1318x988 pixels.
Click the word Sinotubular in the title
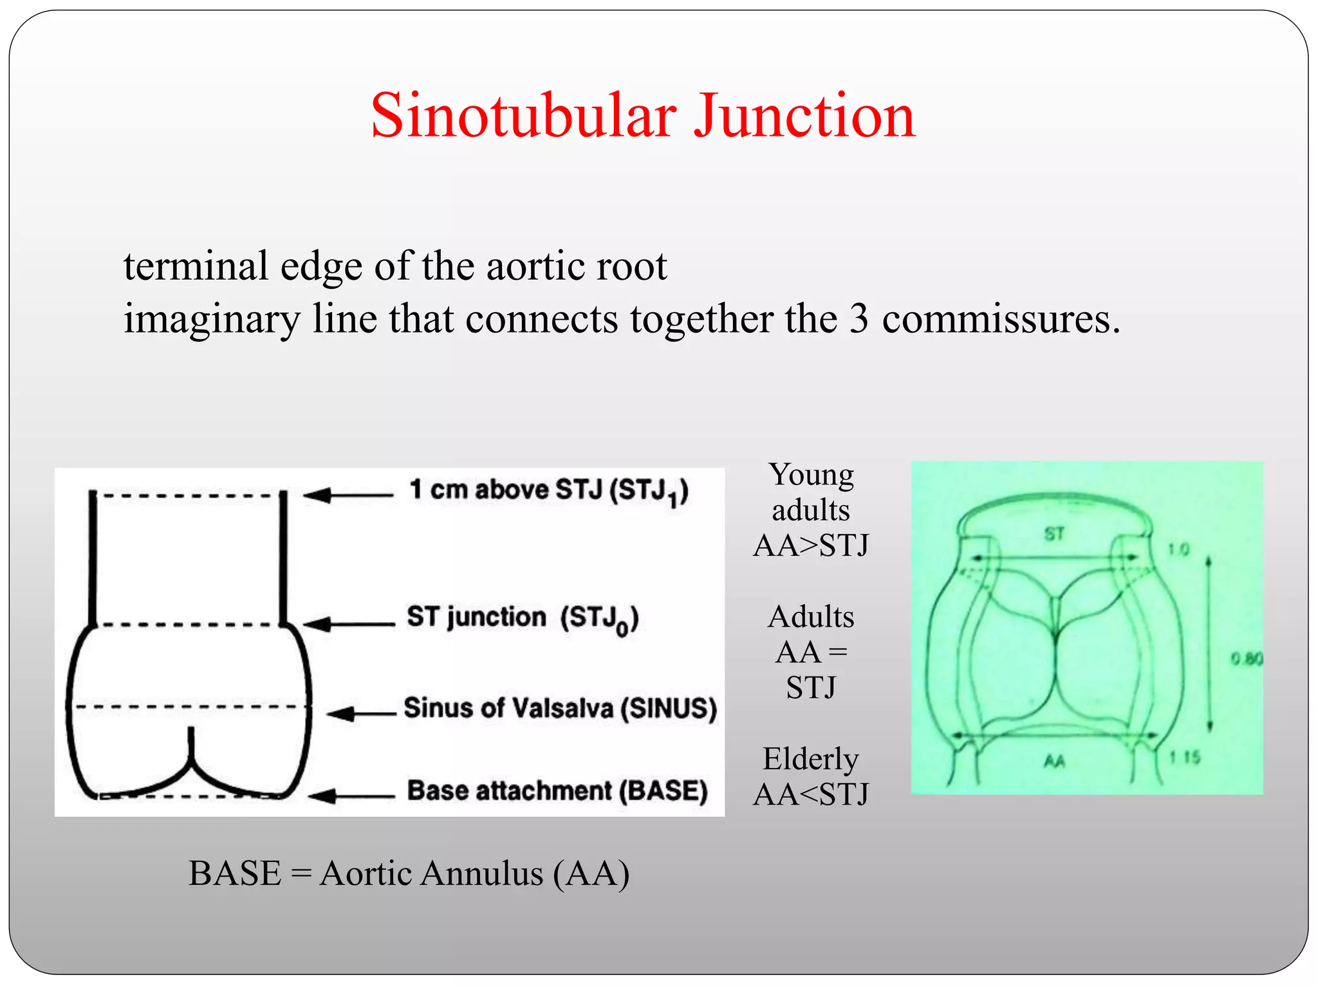[x=523, y=116]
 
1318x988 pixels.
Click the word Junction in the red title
[x=804, y=116]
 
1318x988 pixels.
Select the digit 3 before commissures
[x=859, y=320]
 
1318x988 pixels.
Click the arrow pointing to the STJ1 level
[x=348, y=495]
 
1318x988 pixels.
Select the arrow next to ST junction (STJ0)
[x=348, y=623]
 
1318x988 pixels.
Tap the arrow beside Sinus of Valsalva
[x=360, y=713]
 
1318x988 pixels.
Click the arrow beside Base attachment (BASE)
[x=351, y=796]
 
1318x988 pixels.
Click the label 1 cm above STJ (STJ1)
[x=548, y=491]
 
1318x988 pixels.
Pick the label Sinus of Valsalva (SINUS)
[x=560, y=708]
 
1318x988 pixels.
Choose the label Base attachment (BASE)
[x=557, y=791]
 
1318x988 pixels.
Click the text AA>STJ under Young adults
[x=810, y=546]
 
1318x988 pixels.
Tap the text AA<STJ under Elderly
[x=810, y=795]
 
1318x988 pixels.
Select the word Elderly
[x=810, y=759]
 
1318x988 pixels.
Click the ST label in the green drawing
[x=1053, y=533]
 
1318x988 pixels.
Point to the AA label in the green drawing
[x=1053, y=762]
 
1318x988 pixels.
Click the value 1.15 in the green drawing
[x=1185, y=757]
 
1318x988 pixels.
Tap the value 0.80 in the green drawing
[x=1247, y=659]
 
